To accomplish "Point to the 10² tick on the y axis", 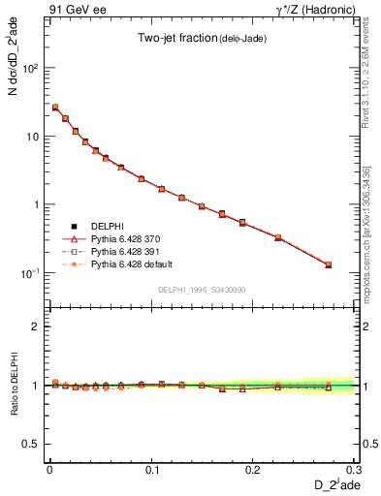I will tap(32, 69).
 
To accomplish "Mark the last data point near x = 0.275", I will tap(328, 264).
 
